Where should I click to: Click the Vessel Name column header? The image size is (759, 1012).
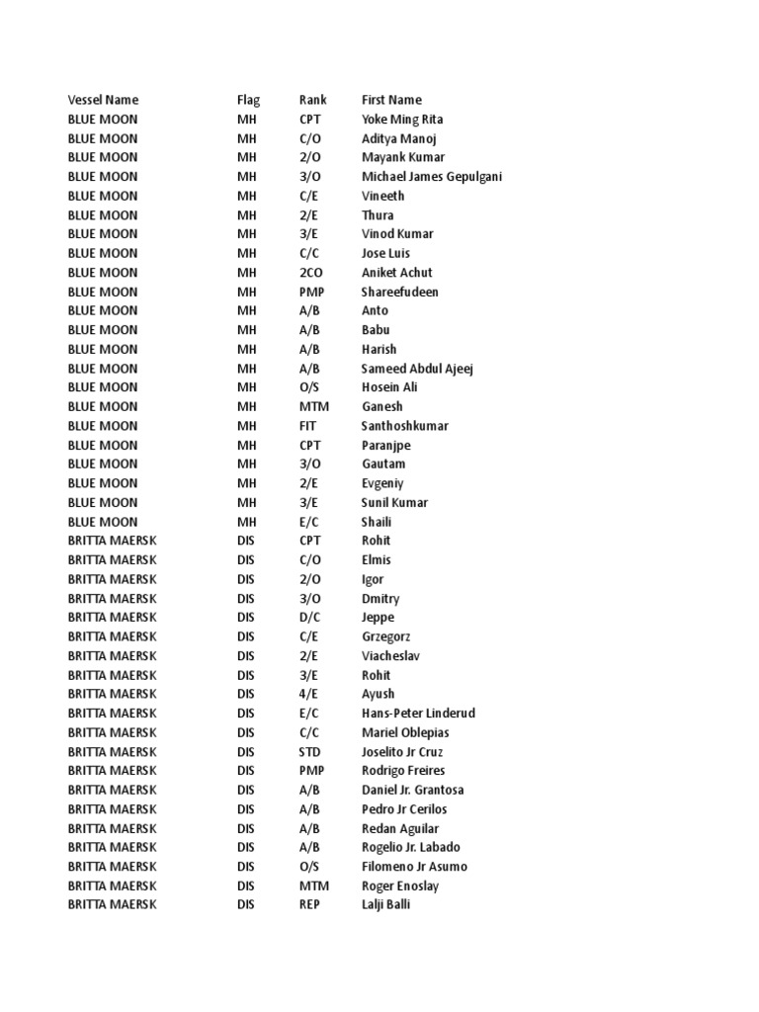point(103,100)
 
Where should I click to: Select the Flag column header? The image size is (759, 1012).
point(248,100)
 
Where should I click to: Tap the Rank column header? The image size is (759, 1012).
point(312,100)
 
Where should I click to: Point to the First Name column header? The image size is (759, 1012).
point(391,100)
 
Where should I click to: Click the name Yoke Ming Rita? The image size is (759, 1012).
point(402,120)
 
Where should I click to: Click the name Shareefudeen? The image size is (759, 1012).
point(400,292)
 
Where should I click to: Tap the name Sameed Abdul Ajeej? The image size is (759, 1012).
point(417,369)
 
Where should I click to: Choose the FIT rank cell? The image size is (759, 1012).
point(309,426)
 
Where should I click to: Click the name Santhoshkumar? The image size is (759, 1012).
point(405,426)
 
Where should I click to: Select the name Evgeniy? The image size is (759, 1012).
point(382,483)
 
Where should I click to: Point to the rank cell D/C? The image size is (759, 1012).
point(310,618)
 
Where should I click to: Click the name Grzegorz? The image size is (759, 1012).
point(386,637)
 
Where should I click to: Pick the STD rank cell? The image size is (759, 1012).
point(310,752)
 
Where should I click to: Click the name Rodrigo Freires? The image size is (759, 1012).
point(403,771)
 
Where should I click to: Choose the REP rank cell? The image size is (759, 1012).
point(310,904)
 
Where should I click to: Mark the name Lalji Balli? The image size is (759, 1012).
point(385,904)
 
